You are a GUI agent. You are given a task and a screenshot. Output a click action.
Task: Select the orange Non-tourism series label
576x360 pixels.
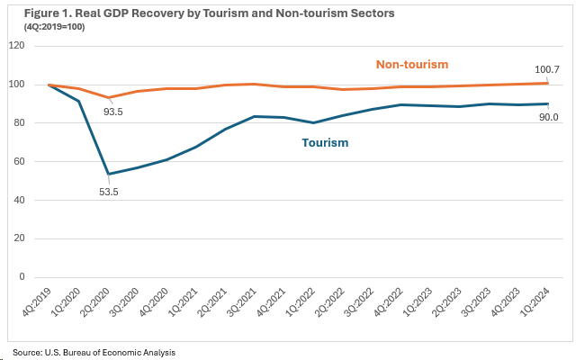click(411, 64)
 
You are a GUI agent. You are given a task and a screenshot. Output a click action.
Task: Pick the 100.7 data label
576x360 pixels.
click(549, 69)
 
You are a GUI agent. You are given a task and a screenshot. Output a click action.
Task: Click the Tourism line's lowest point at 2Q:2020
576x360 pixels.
click(108, 174)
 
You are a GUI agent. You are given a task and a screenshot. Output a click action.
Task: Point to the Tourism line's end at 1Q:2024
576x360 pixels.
click(549, 103)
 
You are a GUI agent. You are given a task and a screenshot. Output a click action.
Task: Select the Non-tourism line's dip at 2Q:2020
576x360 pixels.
click(108, 97)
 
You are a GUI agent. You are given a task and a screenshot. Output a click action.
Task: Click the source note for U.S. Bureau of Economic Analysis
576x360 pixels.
click(94, 352)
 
